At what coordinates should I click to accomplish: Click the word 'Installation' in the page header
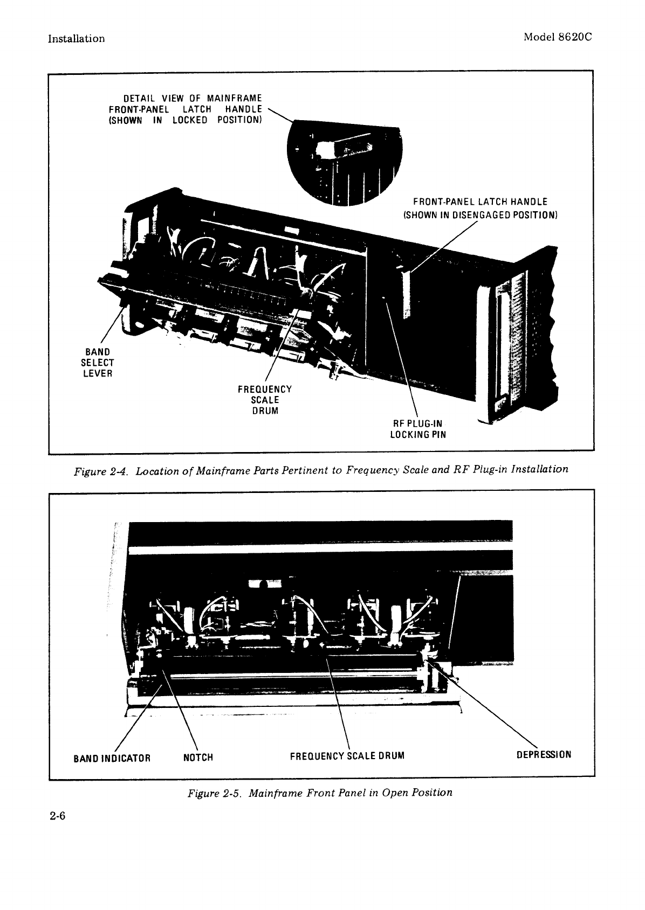76,39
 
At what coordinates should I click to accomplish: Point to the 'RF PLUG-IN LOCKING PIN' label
418,429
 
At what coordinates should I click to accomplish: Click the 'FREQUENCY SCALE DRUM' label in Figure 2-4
264,400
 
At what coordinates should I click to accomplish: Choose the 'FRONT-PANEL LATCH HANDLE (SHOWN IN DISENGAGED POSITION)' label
480,208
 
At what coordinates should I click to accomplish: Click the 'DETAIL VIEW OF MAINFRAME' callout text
193,98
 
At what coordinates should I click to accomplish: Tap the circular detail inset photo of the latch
345,162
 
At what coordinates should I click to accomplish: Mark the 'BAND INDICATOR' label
111,758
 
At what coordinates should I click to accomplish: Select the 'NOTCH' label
198,758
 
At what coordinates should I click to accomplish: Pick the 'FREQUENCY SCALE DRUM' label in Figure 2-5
347,755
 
